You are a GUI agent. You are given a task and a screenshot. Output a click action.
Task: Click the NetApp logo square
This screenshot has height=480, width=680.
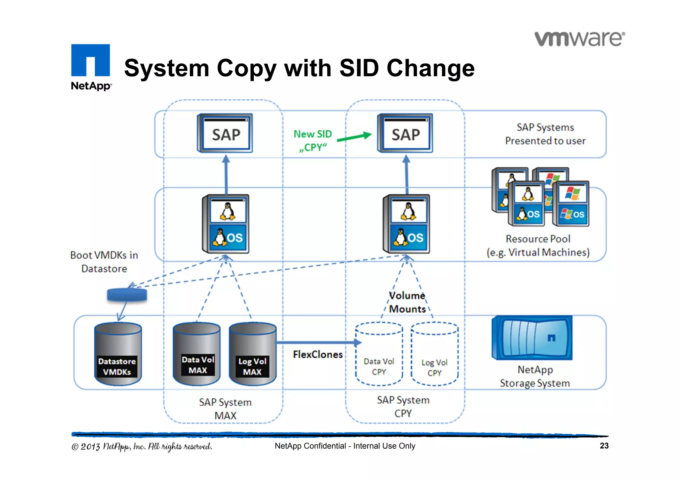90,60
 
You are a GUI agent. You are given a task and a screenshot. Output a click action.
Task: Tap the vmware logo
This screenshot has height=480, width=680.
579,39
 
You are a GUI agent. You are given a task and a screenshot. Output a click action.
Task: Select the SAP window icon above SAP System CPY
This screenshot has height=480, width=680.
405,133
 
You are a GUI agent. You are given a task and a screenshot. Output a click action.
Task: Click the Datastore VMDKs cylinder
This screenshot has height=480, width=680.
118,354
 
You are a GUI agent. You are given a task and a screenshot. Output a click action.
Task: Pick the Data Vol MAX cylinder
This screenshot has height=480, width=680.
197,354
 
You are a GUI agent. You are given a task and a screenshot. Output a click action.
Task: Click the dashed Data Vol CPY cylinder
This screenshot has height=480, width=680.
379,354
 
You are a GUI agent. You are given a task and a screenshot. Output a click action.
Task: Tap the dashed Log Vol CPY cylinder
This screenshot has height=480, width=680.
434,355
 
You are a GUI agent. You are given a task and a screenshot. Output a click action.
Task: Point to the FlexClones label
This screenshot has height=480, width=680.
317,355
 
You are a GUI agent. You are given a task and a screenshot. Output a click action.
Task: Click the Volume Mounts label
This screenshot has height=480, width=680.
407,302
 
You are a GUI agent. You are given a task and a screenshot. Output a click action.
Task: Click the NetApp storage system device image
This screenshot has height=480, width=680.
532,338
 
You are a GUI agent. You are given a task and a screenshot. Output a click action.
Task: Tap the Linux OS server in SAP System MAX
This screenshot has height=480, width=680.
226,224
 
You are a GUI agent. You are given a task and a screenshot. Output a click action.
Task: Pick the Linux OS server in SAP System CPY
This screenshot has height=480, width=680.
406,224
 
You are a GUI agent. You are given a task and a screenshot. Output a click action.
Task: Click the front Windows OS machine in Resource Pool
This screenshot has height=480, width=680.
571,204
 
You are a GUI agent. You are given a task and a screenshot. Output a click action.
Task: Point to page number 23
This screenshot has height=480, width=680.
604,446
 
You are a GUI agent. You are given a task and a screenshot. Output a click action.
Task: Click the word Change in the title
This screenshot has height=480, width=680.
431,68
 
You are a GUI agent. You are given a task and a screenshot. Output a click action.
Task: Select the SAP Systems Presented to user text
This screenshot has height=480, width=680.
545,134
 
